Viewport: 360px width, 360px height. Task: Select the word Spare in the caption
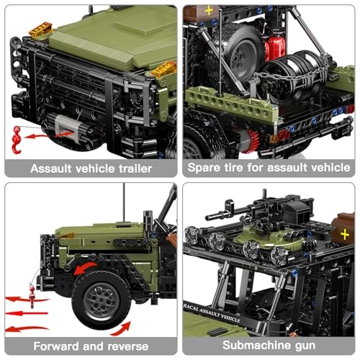click(207, 168)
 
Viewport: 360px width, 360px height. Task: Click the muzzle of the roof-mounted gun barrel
click(209, 216)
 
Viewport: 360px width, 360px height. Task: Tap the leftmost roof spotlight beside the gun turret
click(194, 235)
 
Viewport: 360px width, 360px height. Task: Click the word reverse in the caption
click(125, 346)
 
